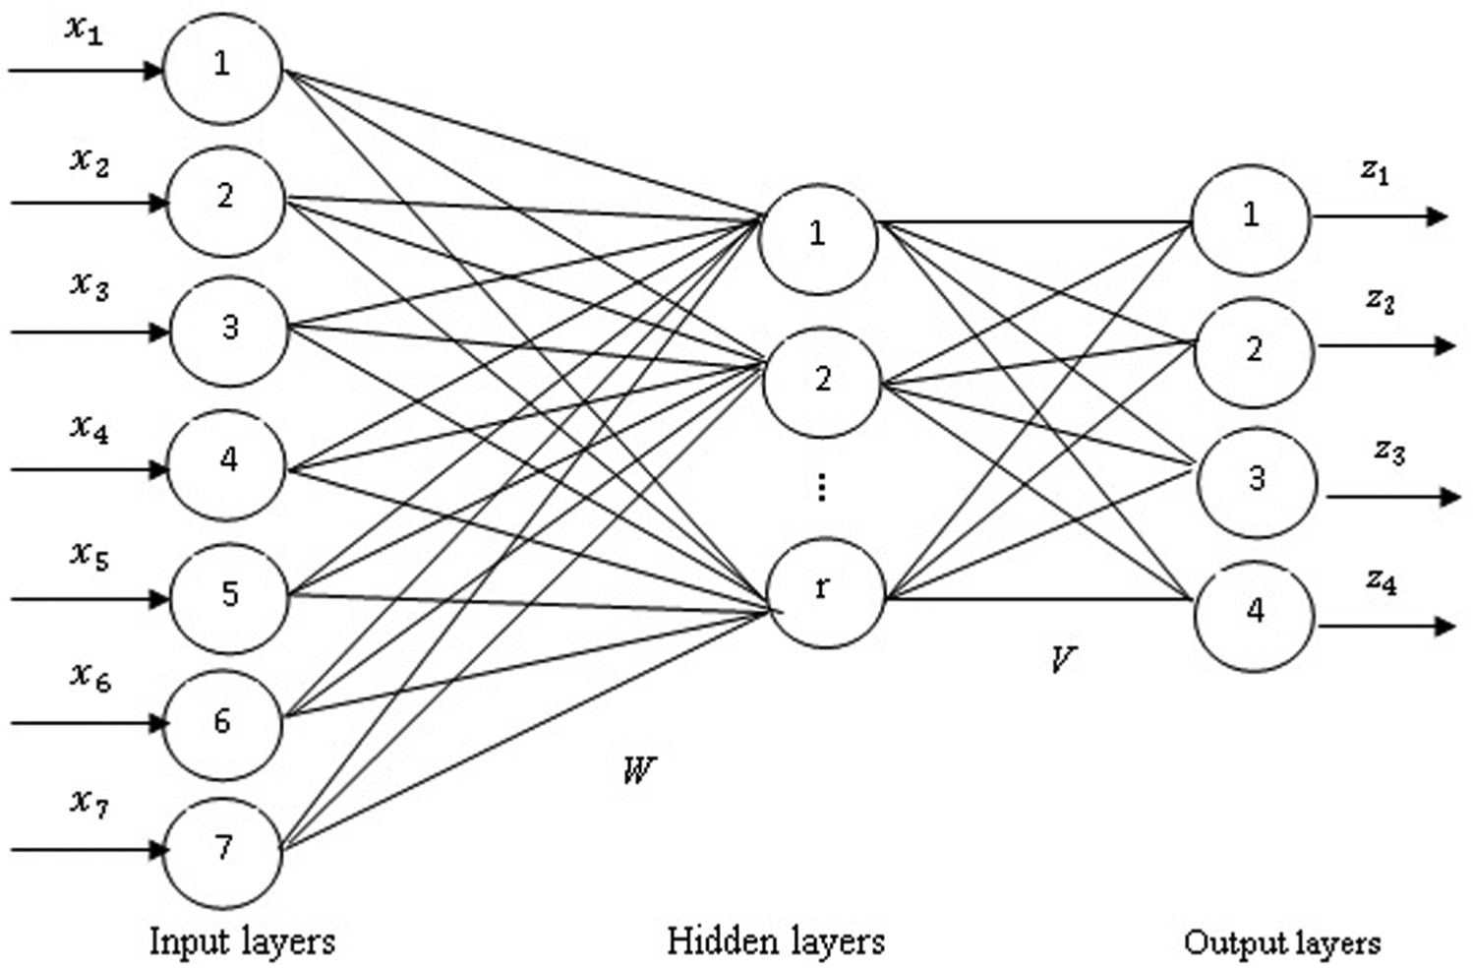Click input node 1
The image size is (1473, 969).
click(223, 69)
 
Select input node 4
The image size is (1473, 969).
click(227, 465)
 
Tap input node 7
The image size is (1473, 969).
click(223, 853)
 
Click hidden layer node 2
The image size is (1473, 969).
click(822, 383)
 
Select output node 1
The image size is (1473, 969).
click(1251, 219)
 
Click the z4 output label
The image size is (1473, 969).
click(1381, 581)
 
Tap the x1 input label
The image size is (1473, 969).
click(85, 30)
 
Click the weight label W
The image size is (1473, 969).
click(639, 769)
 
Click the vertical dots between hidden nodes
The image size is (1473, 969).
click(821, 489)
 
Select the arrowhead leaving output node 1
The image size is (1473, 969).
click(1438, 216)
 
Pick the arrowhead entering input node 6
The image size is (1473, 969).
click(158, 724)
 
